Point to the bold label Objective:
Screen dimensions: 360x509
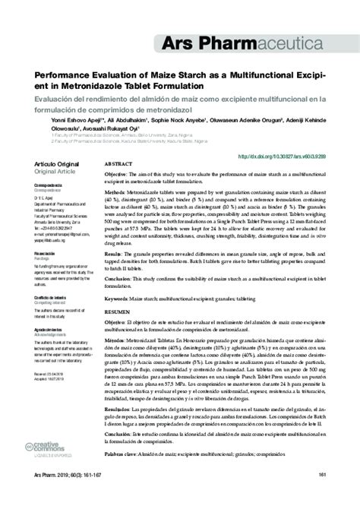[x=115, y=174]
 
